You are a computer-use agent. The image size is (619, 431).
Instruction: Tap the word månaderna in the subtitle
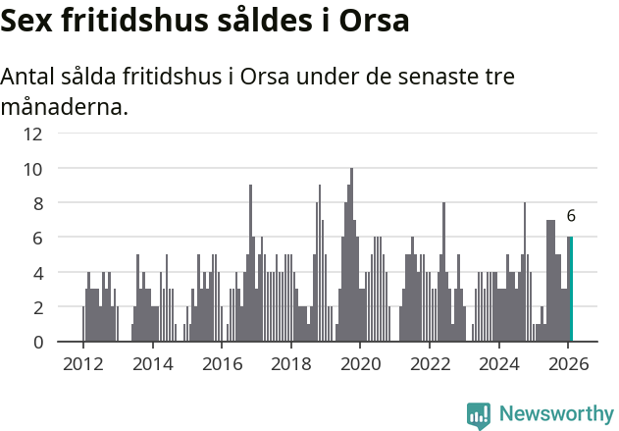coord(64,107)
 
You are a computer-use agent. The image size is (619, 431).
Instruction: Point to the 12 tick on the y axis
coord(33,134)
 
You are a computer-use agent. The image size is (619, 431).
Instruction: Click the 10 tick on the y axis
coord(33,169)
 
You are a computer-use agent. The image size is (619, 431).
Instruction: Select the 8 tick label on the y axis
coord(37,203)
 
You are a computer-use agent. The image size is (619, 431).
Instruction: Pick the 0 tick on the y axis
coord(37,342)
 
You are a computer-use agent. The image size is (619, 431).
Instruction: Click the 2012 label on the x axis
coord(82,363)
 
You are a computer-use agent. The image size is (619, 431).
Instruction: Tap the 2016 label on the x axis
coord(222,363)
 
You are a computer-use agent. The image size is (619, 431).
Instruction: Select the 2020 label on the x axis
coord(360,363)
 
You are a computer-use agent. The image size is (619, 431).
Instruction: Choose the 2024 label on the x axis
coord(499,363)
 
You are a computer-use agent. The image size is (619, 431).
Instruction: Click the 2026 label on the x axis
coord(569,363)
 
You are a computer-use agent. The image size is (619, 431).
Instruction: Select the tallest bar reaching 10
coord(351,255)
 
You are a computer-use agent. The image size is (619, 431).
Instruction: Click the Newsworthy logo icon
coord(479,414)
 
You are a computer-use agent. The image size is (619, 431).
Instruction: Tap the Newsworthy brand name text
coord(555,414)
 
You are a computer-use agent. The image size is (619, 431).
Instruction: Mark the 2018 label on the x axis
coord(291,363)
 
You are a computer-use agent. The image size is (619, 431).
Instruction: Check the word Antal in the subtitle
coord(29,78)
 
